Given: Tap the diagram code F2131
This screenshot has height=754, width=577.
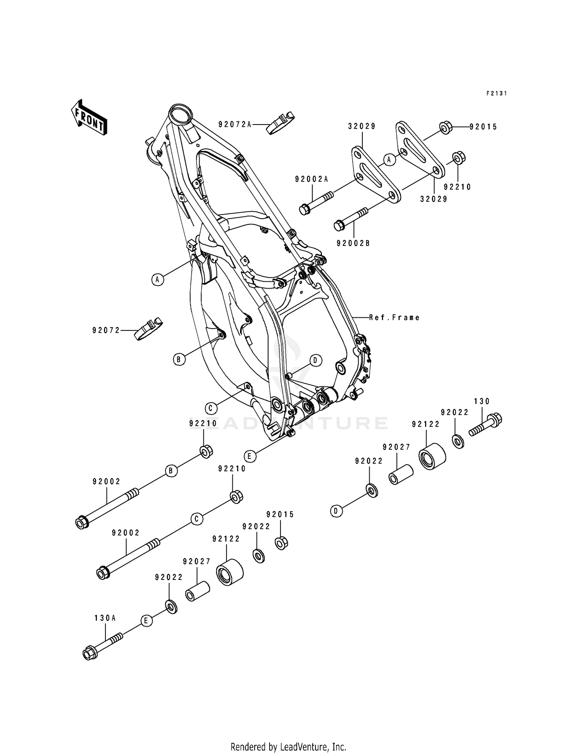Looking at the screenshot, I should (x=496, y=93).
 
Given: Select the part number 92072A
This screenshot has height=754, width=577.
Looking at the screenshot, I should (x=235, y=124).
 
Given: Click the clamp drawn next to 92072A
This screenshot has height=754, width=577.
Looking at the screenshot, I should (x=280, y=123).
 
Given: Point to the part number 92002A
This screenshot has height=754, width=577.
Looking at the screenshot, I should (x=312, y=179).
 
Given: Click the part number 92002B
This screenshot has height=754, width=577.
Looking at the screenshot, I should (x=353, y=243).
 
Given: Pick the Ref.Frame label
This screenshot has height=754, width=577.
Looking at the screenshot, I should (x=394, y=317).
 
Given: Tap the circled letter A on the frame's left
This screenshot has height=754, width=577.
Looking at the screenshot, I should (x=157, y=279).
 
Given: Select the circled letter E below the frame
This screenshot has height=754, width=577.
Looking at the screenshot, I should (x=250, y=457).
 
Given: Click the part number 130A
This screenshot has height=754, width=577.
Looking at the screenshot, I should (x=105, y=618).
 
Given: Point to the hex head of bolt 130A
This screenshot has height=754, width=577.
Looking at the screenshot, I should (x=90, y=654).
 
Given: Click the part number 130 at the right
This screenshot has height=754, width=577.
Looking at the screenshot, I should (x=482, y=401).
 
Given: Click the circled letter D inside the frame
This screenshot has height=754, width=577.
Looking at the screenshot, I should (x=315, y=360).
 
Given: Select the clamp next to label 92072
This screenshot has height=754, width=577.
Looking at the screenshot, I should (x=148, y=329).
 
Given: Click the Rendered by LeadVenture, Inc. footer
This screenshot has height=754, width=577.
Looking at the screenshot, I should (x=288, y=736).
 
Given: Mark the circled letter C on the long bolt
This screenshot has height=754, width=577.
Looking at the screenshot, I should (x=197, y=519).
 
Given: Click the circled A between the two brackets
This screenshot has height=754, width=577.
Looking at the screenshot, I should (x=389, y=159).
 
